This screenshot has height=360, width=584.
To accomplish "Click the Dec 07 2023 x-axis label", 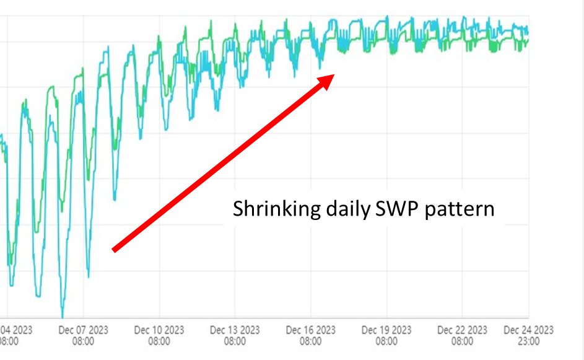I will pos(83,330).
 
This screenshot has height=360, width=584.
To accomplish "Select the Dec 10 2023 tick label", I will pos(159,330).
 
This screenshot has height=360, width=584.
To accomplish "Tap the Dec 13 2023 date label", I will pos(235,330).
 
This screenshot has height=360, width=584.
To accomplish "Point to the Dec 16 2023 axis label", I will pos(311,330).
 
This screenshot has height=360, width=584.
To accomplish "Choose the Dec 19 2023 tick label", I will pos(386,330).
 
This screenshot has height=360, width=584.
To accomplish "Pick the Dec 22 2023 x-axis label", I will pos(463,330).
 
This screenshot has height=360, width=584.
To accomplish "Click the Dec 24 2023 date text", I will pos(528,330).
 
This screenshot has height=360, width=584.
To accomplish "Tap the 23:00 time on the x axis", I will pos(528,341).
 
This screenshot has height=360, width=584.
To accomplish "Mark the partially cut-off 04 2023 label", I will pos(16,330).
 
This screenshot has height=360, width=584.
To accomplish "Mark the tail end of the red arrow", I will pos(114,250).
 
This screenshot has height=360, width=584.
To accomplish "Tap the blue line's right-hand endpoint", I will pos(528,29).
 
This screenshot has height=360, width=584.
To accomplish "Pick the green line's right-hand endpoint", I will pos(528,41).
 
